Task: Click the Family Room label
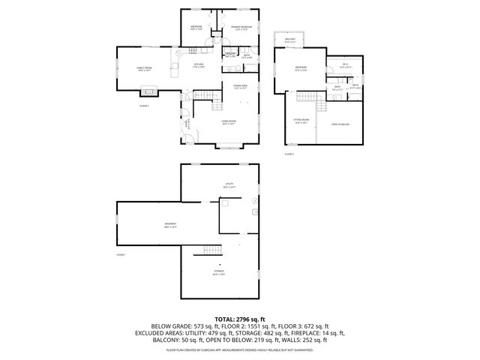[x=144, y=70]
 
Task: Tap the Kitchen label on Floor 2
[x=199, y=65]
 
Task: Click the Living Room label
[x=229, y=121]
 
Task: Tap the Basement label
[x=170, y=225]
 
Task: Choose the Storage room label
[x=218, y=271]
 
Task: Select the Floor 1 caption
[x=121, y=255]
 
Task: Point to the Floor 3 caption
[x=289, y=154]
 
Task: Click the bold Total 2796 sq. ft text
[x=239, y=319]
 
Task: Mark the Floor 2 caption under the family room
[x=144, y=106]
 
